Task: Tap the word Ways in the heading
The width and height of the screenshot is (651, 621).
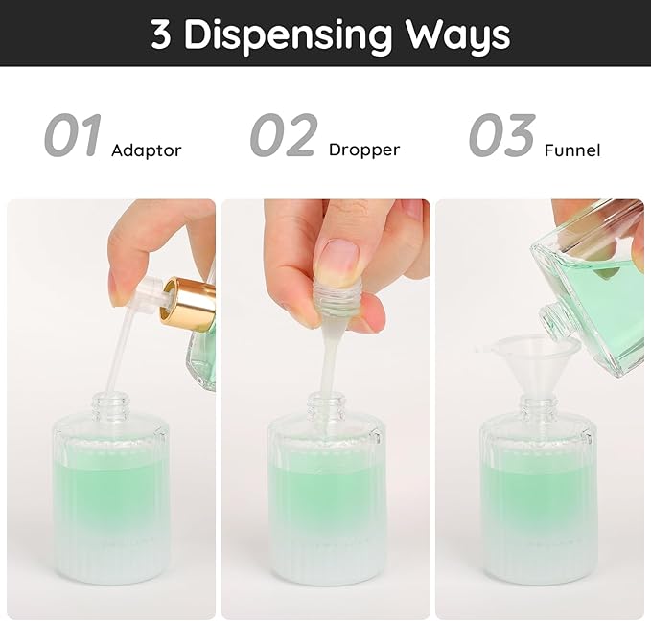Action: pos(455,34)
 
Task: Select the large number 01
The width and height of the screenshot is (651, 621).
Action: pos(72,137)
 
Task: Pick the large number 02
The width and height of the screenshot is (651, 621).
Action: pos(283,137)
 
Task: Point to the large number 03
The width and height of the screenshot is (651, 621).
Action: pos(500,137)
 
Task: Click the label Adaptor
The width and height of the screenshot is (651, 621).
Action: pos(146,150)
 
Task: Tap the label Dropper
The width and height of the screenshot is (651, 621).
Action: pos(363,149)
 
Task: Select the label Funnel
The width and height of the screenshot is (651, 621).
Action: pos(571,150)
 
